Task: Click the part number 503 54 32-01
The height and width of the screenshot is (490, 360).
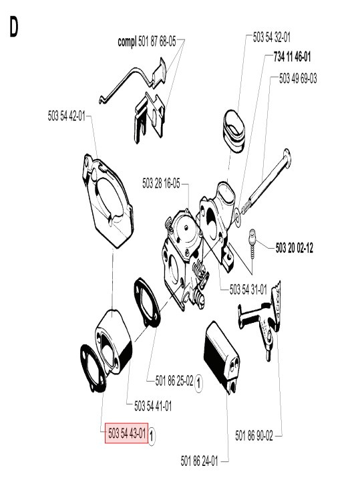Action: pyautogui.click(x=272, y=39)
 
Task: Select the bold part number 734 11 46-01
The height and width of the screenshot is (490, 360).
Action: pyautogui.click(x=292, y=57)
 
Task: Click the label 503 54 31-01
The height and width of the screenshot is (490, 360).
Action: pyautogui.click(x=248, y=289)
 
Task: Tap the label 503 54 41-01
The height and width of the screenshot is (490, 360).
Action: pyautogui.click(x=153, y=406)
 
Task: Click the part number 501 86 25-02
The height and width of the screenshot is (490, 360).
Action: pyautogui.click(x=174, y=381)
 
